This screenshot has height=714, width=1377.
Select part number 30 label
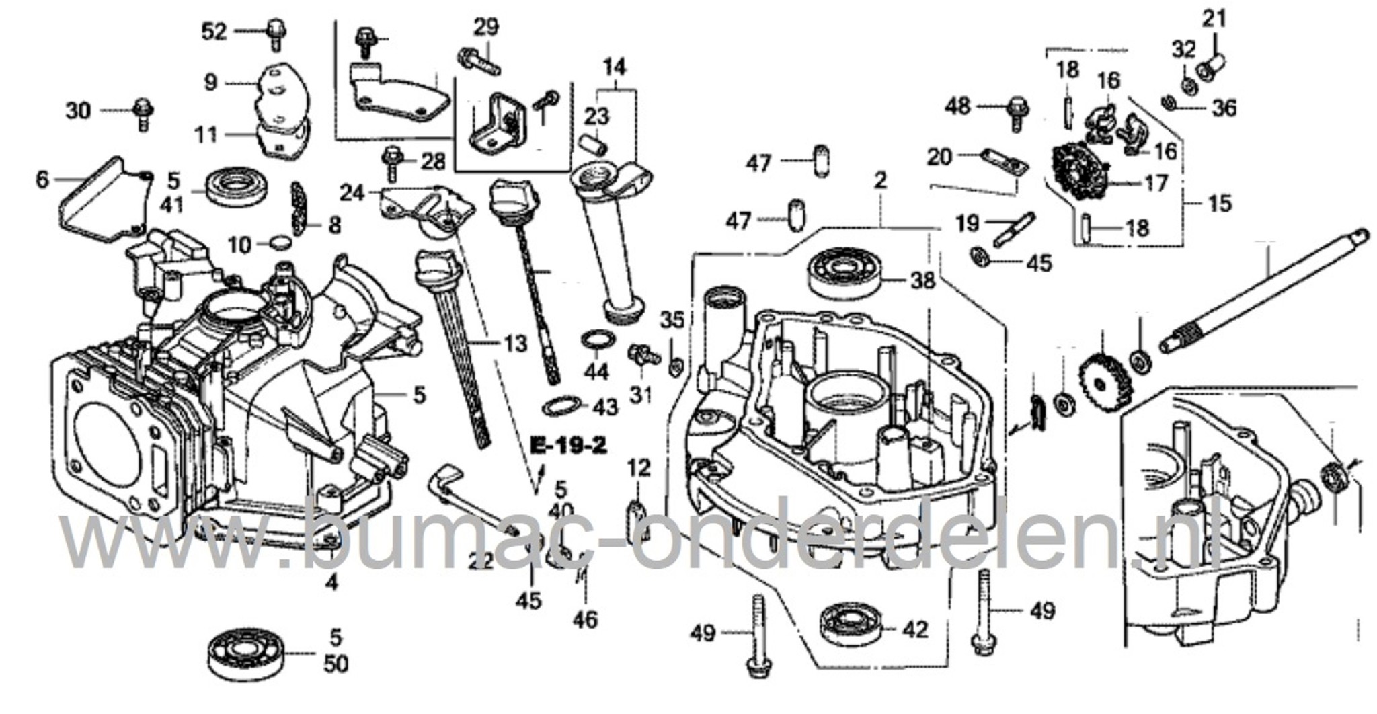[x=78, y=110]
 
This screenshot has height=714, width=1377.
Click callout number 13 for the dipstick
[x=516, y=344]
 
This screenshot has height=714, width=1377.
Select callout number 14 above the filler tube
[x=614, y=67]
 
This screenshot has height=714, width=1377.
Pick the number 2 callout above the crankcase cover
[x=880, y=180]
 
